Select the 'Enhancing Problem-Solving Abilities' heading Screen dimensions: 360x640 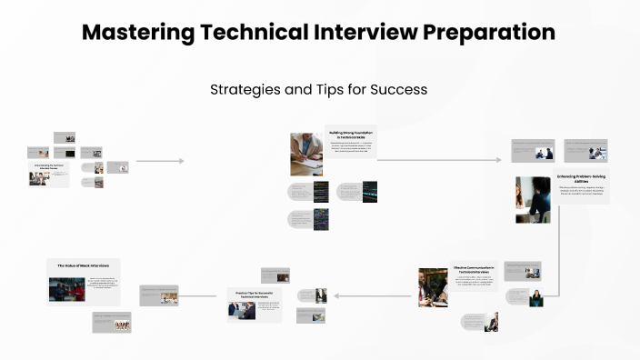pyautogui.click(x=580, y=178)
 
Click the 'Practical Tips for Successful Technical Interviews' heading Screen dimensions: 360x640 pyautogui.click(x=255, y=295)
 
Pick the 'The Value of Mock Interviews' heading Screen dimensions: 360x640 pyautogui.click(x=84, y=265)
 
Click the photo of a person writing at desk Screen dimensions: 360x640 pyautogui.click(x=306, y=154)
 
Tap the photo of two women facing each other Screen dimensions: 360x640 pyautogui.click(x=533, y=200)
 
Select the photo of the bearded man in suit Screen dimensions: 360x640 pyautogui.click(x=434, y=287)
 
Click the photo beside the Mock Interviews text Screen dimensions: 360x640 pyautogui.click(x=66, y=289)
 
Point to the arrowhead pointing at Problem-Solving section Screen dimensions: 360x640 pyautogui.click(x=498, y=160)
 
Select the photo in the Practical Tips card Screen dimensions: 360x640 pyautogui.click(x=242, y=310)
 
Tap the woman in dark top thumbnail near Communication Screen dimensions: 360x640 pyautogui.click(x=536, y=297)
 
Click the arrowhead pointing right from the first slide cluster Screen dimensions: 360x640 pyautogui.click(x=182, y=161)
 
